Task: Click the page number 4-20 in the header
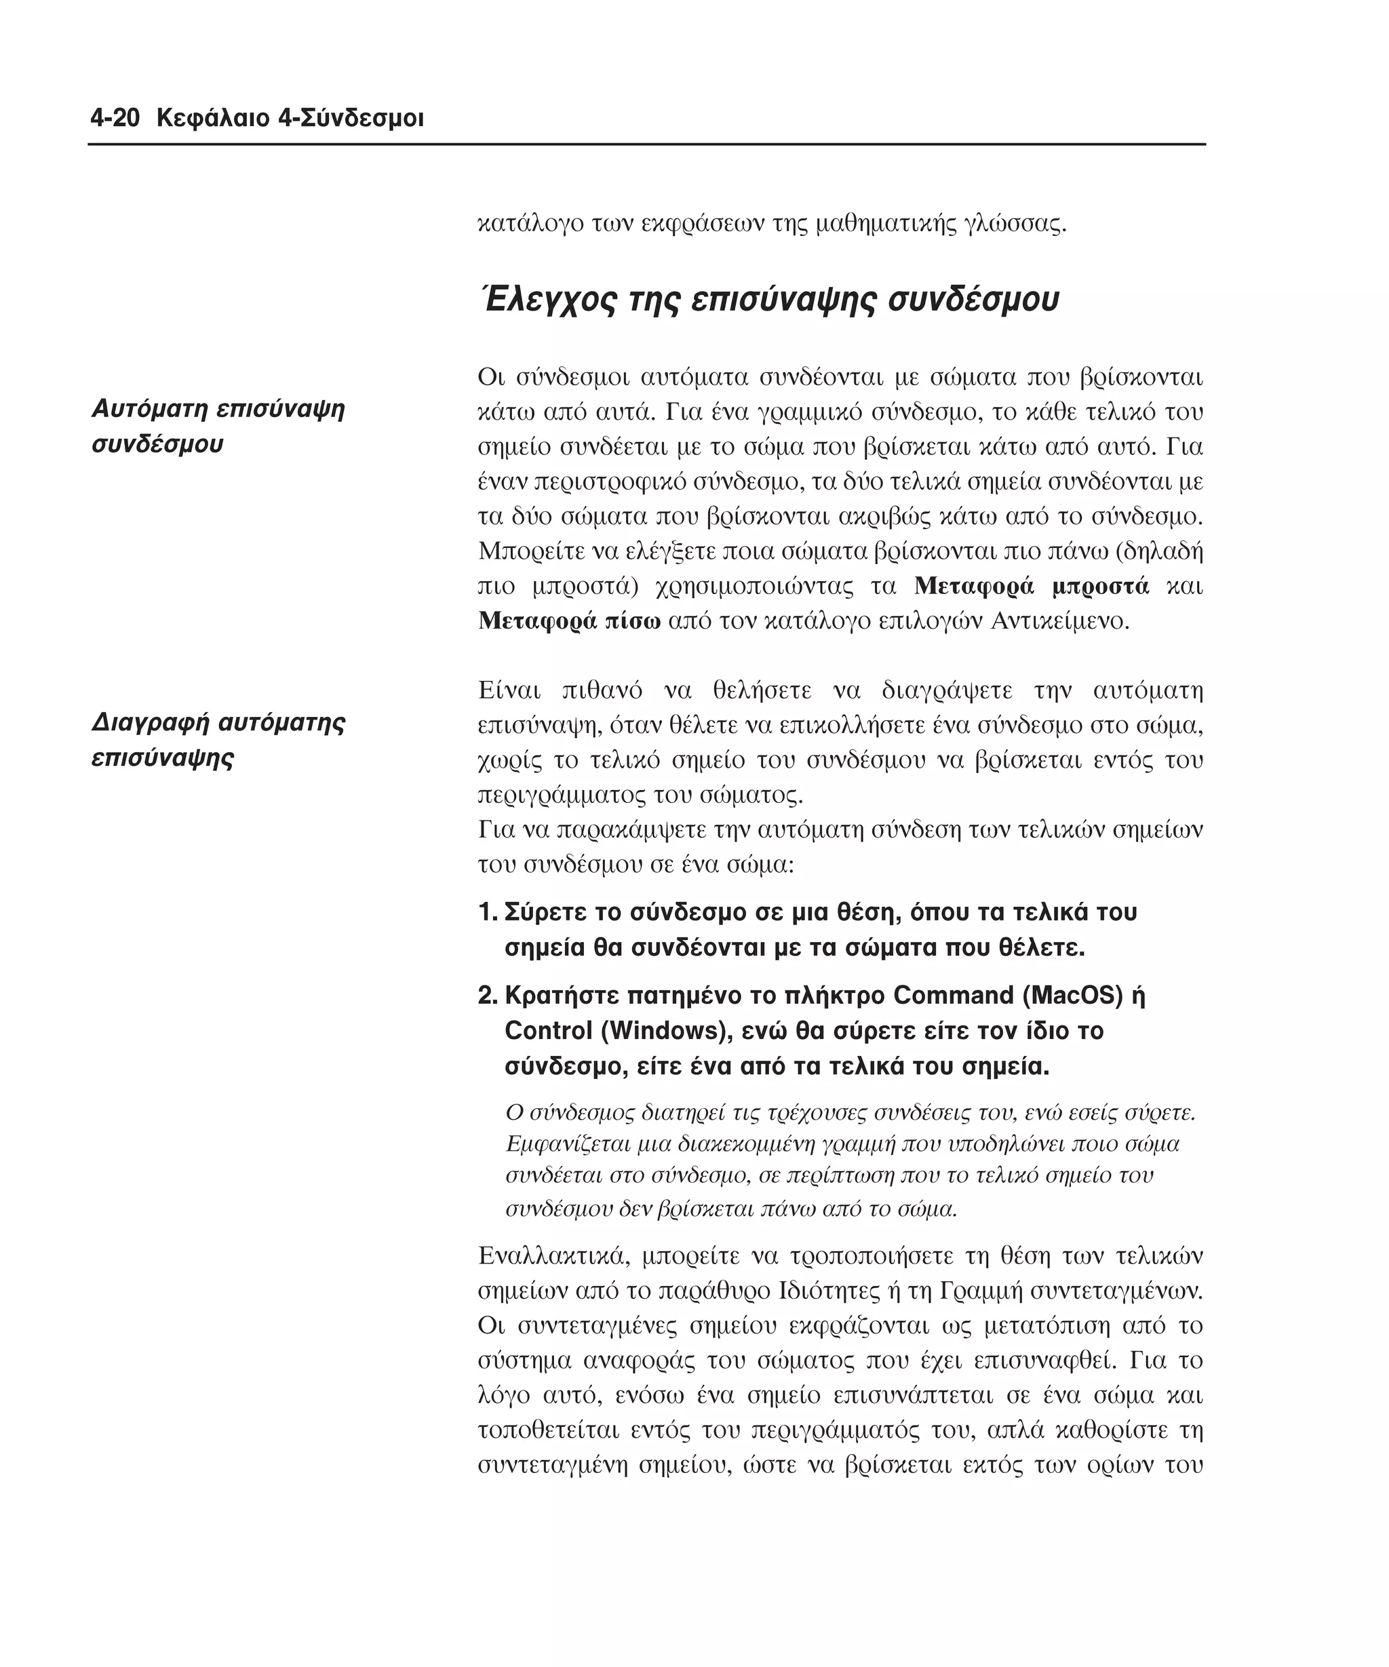115,119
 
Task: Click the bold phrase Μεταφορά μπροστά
1031,587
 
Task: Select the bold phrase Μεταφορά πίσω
569,621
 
